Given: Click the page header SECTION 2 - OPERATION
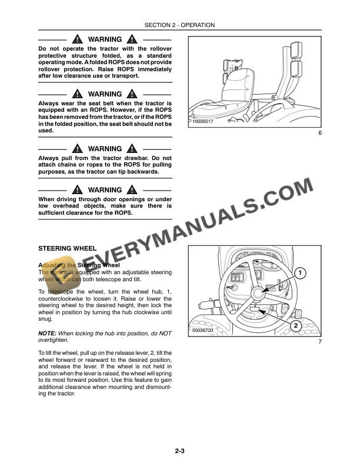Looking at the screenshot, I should (179, 25).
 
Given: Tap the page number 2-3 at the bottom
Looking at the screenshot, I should (180, 451).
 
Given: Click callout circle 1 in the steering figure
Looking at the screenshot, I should (299, 273).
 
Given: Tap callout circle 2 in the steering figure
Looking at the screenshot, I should (295, 325).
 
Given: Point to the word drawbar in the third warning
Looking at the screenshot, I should (138, 158).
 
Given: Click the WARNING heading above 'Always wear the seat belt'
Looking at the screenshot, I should (105, 94).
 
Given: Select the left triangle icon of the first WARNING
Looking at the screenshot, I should (78, 39).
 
